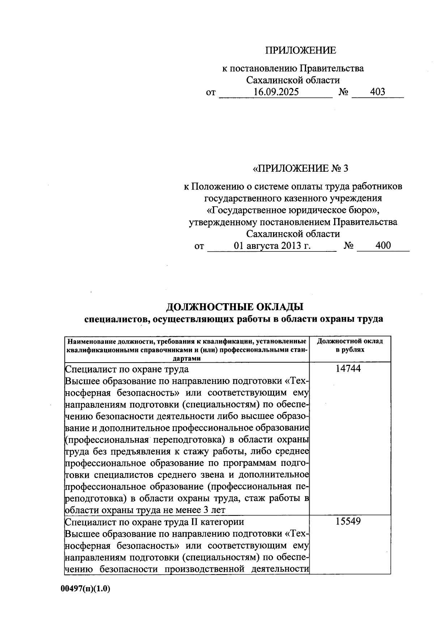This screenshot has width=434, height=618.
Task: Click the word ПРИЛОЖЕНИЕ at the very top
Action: click(x=301, y=50)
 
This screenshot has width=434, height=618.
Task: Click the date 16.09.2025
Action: click(x=276, y=92)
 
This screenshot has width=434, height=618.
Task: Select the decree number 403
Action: click(x=378, y=92)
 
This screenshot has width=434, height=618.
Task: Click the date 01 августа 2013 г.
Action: click(x=272, y=246)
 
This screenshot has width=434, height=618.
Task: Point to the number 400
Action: click(x=383, y=246)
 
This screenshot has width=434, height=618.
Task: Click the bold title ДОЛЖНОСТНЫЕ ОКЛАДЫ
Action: click(x=234, y=307)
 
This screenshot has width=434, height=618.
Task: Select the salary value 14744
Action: click(x=348, y=369)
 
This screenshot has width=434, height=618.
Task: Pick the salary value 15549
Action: click(x=348, y=522)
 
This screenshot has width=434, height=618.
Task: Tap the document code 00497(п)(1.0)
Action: click(x=85, y=589)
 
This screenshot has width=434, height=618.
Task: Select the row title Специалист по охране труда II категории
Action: click(x=154, y=522)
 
